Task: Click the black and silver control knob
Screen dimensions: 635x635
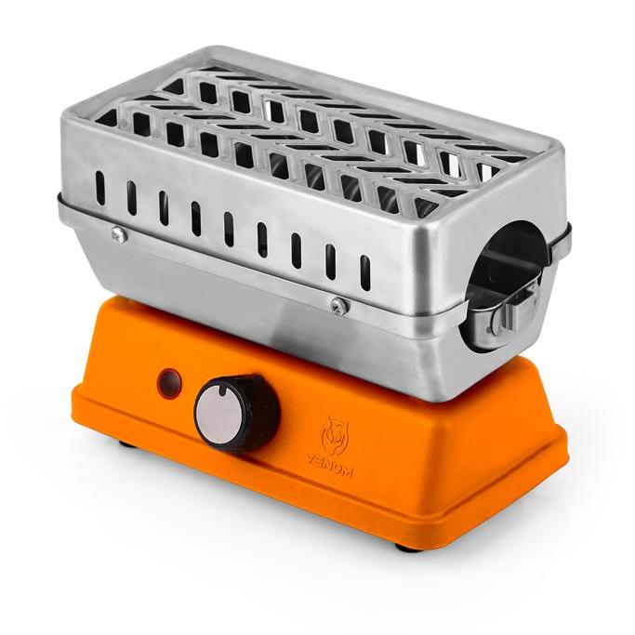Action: click(x=236, y=413)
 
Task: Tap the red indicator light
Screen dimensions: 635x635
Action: click(x=170, y=380)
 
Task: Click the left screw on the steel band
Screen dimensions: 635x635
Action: click(x=119, y=233)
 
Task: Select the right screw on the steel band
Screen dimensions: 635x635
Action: click(x=339, y=305)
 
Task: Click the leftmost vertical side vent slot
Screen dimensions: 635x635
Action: click(x=100, y=188)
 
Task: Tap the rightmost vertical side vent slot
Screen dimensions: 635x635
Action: click(x=364, y=272)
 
